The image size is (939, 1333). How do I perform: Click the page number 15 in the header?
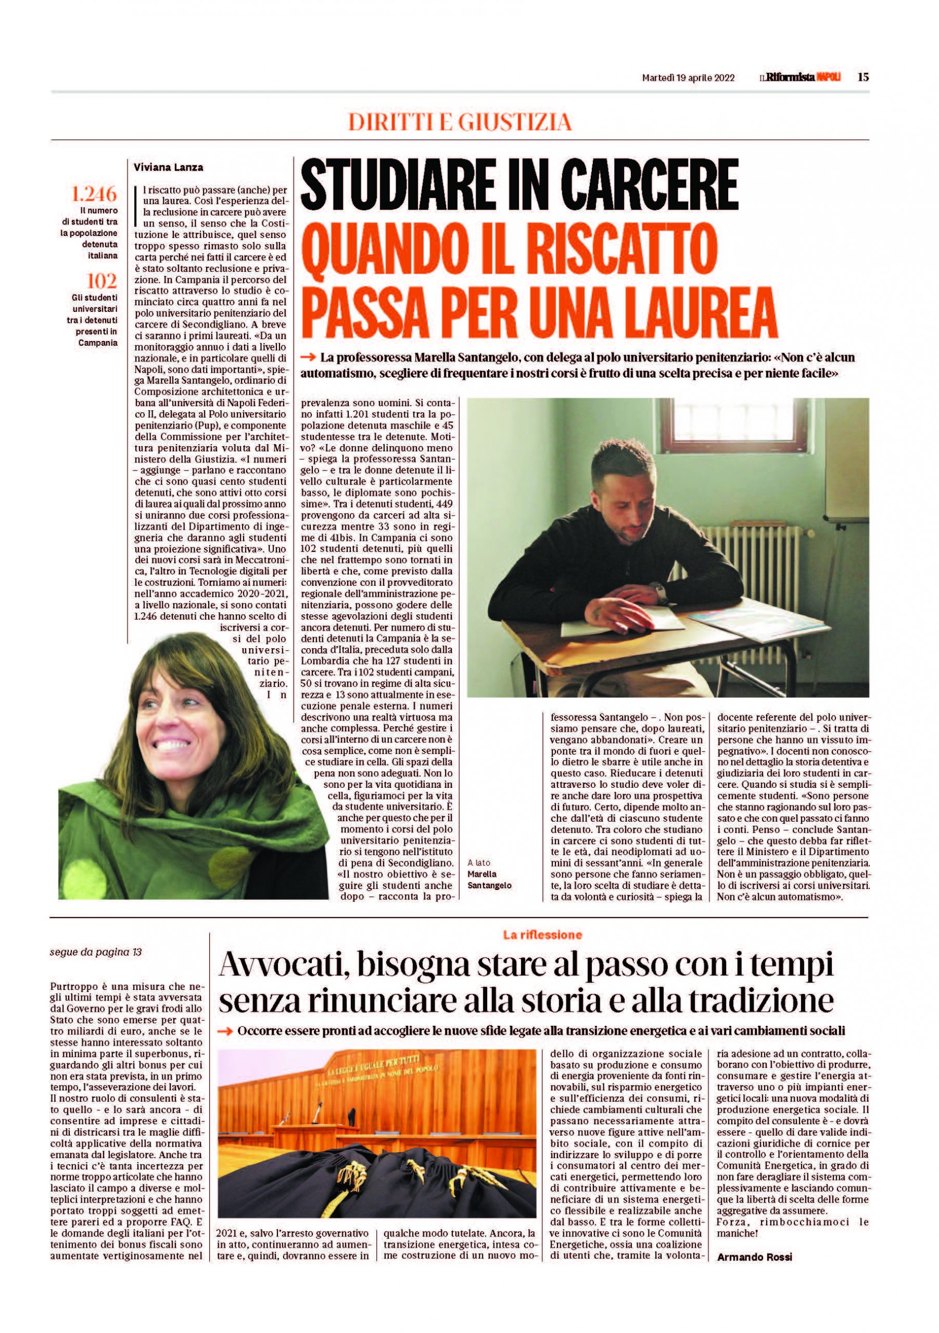863,77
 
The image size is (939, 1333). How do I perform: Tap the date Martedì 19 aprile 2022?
688,78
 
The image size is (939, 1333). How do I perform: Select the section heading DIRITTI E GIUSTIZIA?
460,122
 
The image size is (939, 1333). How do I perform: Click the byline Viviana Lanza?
168,168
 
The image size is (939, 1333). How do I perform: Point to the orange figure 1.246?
94,193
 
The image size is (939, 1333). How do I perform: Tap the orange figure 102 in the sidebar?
102,281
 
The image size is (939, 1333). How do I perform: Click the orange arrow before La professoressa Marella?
308,358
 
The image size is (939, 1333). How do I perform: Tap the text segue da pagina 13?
96,953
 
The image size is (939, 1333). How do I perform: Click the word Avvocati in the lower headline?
284,966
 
